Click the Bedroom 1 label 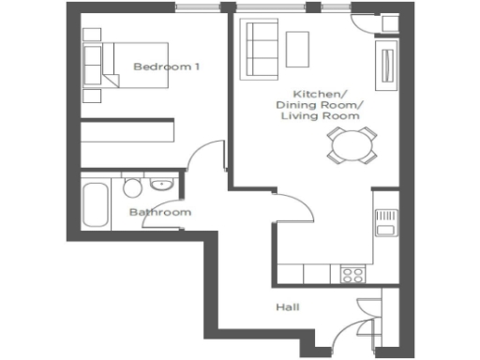point(167,67)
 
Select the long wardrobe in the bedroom point(127,130)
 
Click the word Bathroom point(159,213)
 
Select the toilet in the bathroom point(132,187)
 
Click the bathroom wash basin point(161,183)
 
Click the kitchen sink point(384,223)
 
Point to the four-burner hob point(353,275)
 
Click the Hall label point(287,307)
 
